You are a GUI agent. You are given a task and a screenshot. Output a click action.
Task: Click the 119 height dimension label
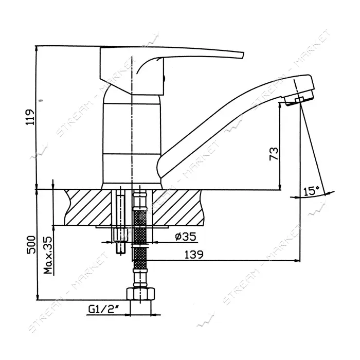[30, 117]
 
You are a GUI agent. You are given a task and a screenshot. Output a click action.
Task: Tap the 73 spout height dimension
[274, 154]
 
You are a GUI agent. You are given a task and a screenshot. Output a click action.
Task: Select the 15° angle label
[311, 191]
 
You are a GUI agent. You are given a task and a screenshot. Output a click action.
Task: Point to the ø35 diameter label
[186, 236]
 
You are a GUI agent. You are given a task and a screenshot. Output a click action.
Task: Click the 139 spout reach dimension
[194, 255]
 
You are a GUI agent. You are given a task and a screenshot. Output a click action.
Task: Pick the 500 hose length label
[31, 244]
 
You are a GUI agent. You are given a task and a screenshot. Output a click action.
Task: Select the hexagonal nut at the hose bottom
[140, 294]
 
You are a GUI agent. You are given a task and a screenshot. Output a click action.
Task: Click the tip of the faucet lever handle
[243, 55]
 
